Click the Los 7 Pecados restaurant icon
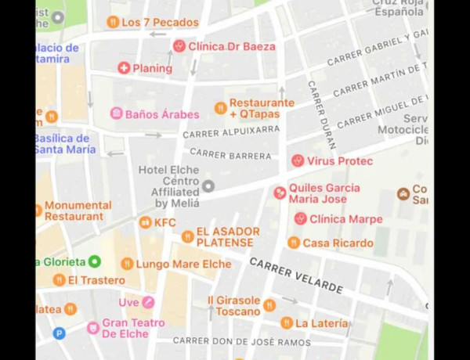[x=113, y=22]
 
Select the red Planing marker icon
[x=124, y=68]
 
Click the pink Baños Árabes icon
[x=116, y=114]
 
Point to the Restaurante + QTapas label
[x=262, y=108]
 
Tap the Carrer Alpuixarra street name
[x=231, y=134]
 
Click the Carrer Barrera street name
[x=230, y=155]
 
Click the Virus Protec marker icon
[x=298, y=160]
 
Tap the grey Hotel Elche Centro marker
[x=208, y=185]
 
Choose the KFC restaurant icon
[x=145, y=222]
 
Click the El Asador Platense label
[x=225, y=237]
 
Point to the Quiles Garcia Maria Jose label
[x=324, y=193]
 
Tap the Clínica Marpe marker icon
[x=300, y=219]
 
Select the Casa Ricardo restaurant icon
[x=294, y=243]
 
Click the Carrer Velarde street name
[x=296, y=275]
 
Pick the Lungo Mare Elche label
[x=183, y=264]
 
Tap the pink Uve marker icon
[x=148, y=302]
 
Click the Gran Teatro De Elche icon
[x=93, y=327]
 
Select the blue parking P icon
[x=59, y=333]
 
